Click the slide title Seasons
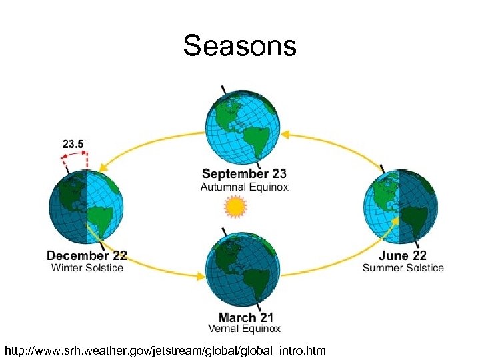[239, 46]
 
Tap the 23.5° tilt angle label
[75, 143]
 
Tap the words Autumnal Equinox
[244, 187]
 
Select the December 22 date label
[87, 256]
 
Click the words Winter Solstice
[87, 268]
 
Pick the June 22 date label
[403, 255]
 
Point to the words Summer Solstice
[403, 268]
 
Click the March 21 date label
[245, 317]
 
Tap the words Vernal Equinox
[245, 329]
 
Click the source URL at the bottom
[165, 349]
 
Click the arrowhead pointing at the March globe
[201, 275]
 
